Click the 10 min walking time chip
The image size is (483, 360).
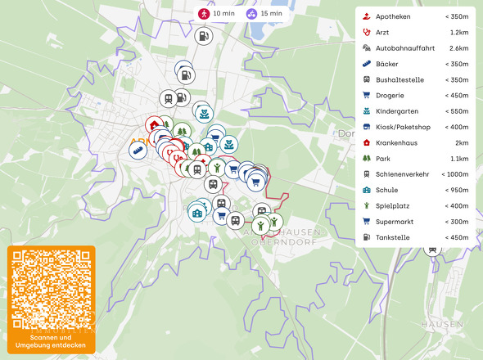point(215,14)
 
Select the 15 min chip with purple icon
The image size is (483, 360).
point(264,14)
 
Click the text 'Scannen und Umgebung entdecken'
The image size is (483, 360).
point(51,341)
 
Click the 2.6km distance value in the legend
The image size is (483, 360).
point(458,48)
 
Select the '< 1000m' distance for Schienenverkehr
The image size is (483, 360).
point(454,174)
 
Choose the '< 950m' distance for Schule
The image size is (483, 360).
point(456,190)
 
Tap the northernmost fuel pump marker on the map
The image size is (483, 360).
point(204,36)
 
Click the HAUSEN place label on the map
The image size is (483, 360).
point(441,324)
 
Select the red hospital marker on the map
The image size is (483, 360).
point(154,125)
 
